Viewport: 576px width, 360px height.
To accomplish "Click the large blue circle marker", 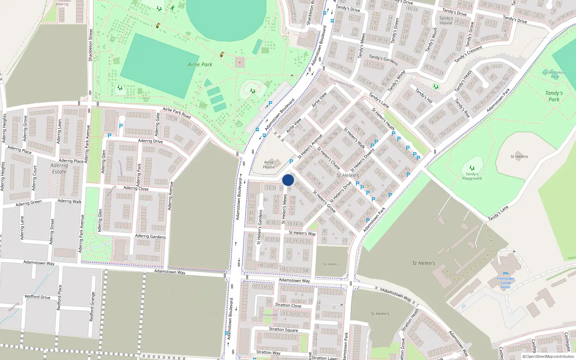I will tap(288, 180).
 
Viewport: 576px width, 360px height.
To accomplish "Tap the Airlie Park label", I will tap(200, 64).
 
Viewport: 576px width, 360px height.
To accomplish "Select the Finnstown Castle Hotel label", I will tap(505, 283).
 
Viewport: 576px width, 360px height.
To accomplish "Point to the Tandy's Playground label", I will tap(472, 176).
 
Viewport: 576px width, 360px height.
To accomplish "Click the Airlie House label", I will tap(269, 165).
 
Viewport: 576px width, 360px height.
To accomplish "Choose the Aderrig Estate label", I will tap(59, 168).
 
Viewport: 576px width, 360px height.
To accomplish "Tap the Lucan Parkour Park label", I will tap(554, 75).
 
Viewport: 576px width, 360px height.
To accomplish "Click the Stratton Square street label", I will tap(283, 329).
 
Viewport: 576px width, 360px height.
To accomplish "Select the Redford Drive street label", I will tap(37, 297).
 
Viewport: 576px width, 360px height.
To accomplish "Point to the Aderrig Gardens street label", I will tap(150, 236).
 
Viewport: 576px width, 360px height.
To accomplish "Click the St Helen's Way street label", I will tap(302, 233).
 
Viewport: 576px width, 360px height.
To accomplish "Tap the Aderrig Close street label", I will tap(136, 188).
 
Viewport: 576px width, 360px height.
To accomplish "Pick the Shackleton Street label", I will tap(91, 45).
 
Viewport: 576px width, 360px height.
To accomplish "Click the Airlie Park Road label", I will tap(176, 113).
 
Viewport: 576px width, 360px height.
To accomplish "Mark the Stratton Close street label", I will tap(288, 305).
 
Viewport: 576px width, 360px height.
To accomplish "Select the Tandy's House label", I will tap(446, 21).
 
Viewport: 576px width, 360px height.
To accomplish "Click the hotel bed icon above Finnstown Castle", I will tap(505, 274).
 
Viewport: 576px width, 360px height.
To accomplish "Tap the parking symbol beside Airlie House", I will tap(291, 162).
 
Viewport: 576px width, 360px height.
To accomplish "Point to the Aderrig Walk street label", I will tap(69, 201).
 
